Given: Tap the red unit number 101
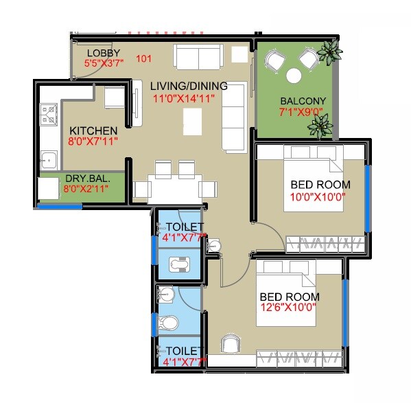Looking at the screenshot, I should (x=143, y=59).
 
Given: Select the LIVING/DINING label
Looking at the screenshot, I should (x=183, y=85).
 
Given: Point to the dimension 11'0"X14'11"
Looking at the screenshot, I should (x=184, y=98).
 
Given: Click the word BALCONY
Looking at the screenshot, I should (x=303, y=101).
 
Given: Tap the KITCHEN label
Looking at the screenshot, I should (x=93, y=130).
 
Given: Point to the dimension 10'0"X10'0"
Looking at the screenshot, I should (x=320, y=196).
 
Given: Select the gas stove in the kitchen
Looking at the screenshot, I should (x=49, y=115).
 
